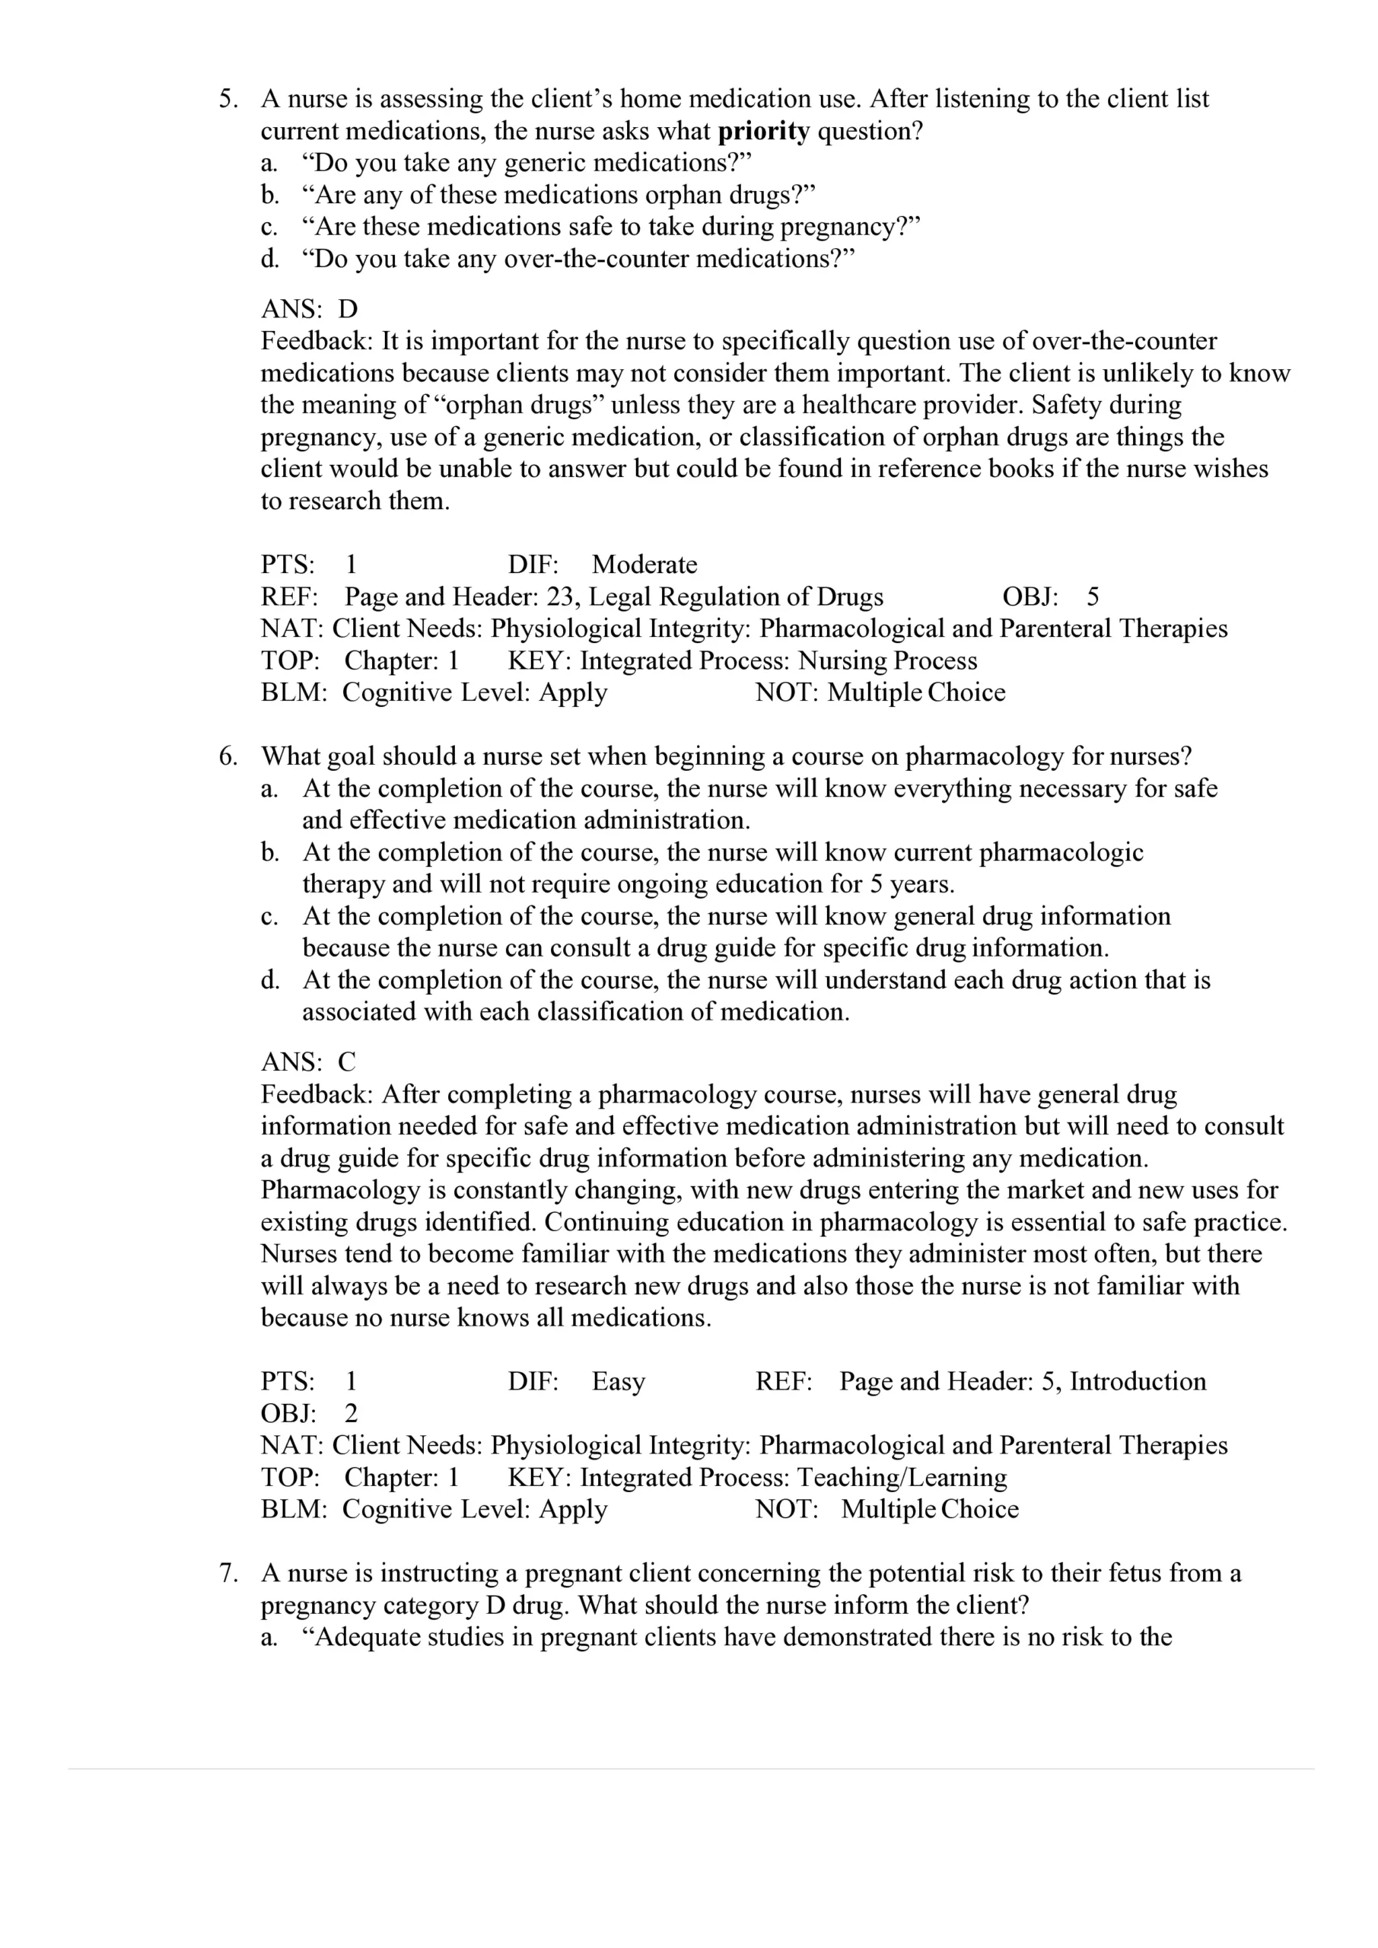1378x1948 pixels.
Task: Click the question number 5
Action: pyautogui.click(x=227, y=99)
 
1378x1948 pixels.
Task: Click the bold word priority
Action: pyautogui.click(x=764, y=132)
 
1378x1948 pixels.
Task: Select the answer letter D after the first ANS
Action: pyautogui.click(x=348, y=309)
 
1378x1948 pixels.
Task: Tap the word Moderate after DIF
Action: pyautogui.click(x=644, y=565)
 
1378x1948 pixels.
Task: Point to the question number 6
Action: pyautogui.click(x=227, y=756)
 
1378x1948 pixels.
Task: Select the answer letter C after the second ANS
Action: pyautogui.click(x=347, y=1062)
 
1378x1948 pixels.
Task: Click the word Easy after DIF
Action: pyautogui.click(x=619, y=1382)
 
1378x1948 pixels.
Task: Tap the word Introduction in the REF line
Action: pyautogui.click(x=1137, y=1382)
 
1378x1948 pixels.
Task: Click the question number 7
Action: pyautogui.click(x=227, y=1574)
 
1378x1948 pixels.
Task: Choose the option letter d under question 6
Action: pyautogui.click(x=269, y=981)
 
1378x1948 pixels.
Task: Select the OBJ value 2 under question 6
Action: pyautogui.click(x=352, y=1414)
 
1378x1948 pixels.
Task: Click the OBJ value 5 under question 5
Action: pyautogui.click(x=1092, y=597)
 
